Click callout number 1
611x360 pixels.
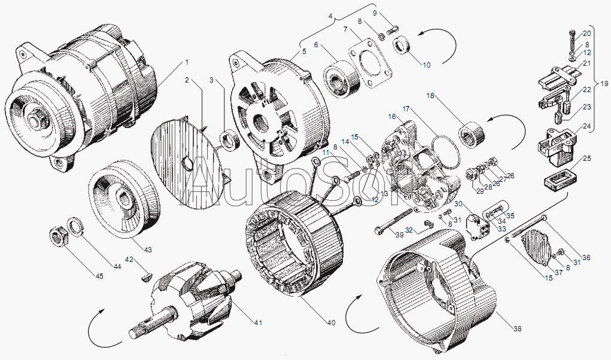point(187,63)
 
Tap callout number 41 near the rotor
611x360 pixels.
point(258,324)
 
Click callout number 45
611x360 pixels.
point(99,276)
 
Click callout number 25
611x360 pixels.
point(587,158)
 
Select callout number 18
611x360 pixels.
point(430,95)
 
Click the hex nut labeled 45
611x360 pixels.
point(59,236)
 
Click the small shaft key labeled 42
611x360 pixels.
point(145,276)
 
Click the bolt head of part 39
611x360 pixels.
point(378,230)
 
